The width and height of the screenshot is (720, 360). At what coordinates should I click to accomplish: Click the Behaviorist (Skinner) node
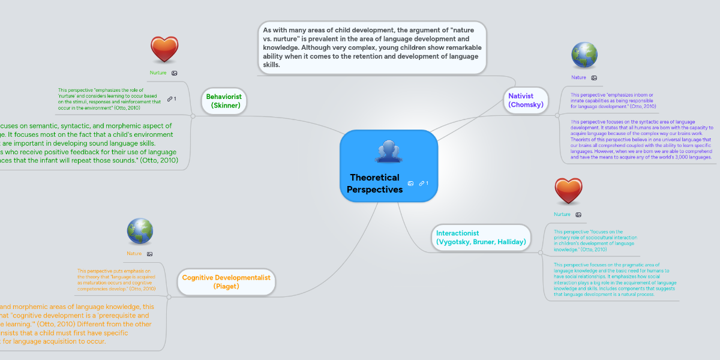coord(224,101)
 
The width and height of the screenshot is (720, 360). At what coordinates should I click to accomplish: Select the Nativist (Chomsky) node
coord(526,100)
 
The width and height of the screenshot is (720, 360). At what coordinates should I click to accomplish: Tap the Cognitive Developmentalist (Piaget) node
coord(226,282)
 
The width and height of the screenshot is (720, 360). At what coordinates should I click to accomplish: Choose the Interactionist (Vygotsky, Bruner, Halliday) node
coord(481,238)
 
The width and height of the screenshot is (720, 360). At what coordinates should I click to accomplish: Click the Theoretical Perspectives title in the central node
coord(375,184)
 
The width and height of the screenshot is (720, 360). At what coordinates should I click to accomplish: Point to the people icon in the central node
coord(388,151)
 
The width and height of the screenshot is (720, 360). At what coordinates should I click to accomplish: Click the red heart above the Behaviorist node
coord(164,50)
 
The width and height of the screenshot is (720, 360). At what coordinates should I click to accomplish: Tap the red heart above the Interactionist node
coord(568,191)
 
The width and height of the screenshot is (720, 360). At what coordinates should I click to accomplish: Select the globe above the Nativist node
coord(584,55)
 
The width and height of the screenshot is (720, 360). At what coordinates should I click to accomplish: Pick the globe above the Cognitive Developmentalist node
coord(140,231)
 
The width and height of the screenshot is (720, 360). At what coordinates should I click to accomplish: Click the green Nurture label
coord(158,73)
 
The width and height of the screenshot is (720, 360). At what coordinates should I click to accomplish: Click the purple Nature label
coord(578,77)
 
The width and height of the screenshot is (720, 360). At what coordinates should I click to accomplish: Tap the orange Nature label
coord(134,254)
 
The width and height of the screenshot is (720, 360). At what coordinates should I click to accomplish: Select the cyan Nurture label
coord(562,214)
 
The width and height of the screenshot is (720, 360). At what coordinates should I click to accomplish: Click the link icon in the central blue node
coord(422,183)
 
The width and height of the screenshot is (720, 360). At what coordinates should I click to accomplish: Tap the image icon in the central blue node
coord(410,183)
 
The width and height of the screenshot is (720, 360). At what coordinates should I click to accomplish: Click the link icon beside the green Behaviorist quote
coord(170,98)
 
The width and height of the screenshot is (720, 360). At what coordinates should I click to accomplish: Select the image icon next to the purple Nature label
coord(594,77)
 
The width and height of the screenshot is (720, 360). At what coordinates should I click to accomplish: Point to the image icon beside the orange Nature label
coord(149,254)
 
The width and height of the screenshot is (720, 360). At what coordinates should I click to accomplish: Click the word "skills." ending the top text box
coord(271,64)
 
